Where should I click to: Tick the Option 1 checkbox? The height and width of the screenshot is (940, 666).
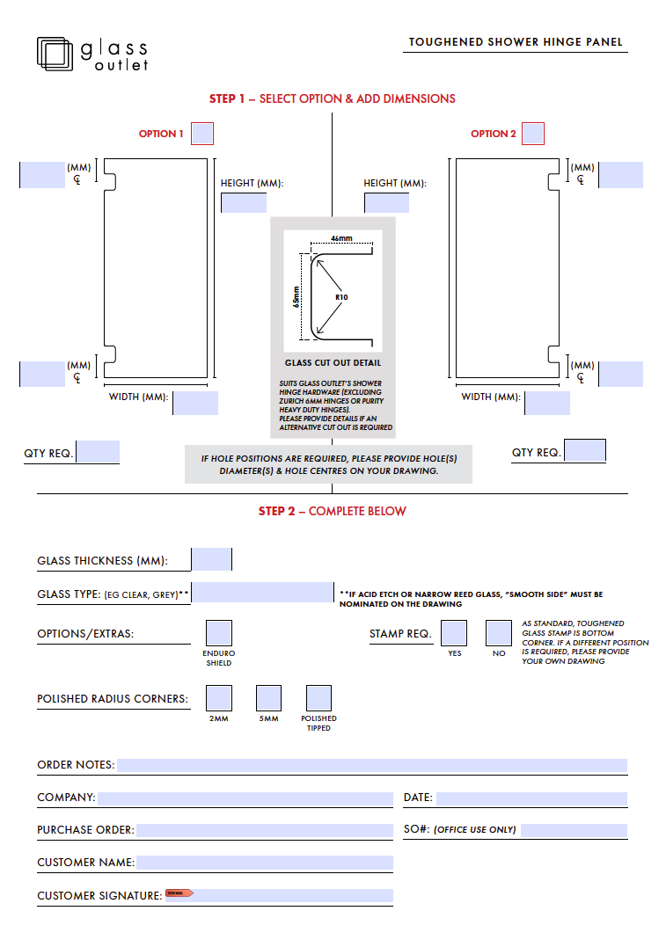[202, 134]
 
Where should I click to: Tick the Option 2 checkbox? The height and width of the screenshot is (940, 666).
[533, 134]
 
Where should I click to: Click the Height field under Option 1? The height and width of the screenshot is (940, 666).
[244, 203]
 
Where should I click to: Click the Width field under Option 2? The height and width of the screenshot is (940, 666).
[547, 403]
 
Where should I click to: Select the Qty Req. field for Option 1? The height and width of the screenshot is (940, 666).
[98, 452]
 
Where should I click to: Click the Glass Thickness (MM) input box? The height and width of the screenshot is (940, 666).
[212, 559]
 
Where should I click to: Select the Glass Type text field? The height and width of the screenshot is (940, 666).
[263, 593]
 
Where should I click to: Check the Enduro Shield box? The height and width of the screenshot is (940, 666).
[219, 633]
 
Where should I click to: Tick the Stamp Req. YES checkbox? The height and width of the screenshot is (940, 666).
[454, 633]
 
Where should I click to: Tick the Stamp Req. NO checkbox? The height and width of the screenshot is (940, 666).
[499, 633]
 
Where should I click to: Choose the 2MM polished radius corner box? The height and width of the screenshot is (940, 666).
[219, 698]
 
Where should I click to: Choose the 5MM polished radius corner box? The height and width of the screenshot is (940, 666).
[268, 698]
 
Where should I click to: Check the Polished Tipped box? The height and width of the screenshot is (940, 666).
[318, 698]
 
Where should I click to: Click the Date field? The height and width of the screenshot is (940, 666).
[531, 798]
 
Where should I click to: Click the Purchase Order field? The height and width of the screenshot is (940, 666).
[264, 830]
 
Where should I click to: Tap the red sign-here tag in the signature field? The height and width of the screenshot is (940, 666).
[179, 893]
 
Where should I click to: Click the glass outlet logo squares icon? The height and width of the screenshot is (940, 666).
[55, 53]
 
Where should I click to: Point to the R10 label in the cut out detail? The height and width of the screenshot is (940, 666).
[341, 297]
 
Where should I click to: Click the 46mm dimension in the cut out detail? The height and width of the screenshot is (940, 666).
[341, 239]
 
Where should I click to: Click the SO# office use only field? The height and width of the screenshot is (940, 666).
[573, 830]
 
